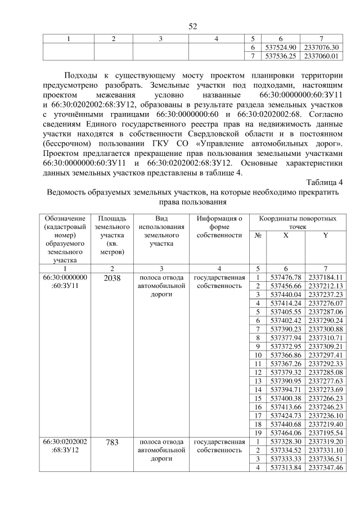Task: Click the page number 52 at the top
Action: pos(192,27)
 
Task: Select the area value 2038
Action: pos(112,277)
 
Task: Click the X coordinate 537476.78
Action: pos(286,277)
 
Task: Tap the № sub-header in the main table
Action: pos(257,236)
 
